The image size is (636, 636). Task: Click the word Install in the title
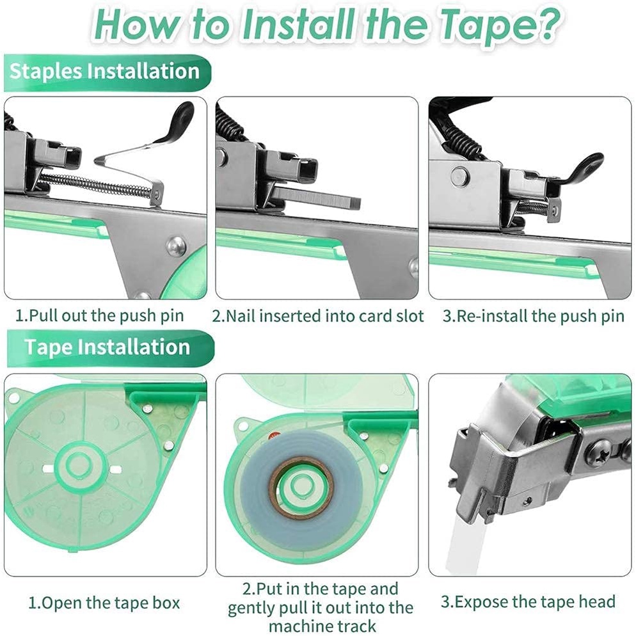coord(298,25)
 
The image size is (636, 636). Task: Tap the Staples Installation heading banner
coord(107,72)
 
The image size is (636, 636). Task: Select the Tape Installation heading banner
coord(110,348)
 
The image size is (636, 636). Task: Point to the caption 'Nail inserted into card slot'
coord(317,316)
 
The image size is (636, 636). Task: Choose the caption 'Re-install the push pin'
coord(533,316)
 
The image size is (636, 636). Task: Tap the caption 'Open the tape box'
coord(104,603)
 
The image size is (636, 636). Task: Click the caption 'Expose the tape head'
coord(528,602)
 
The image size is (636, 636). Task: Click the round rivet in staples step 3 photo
coord(459,177)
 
